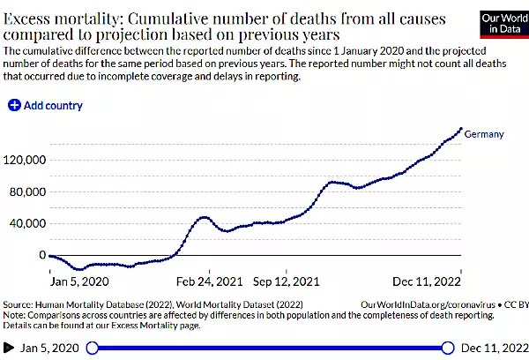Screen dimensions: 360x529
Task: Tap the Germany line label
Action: click(x=484, y=134)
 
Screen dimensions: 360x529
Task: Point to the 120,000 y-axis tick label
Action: click(x=25, y=161)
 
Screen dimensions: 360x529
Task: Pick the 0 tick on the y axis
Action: click(x=41, y=255)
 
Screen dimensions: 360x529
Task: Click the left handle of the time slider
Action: click(x=93, y=348)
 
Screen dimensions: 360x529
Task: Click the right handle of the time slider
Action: click(x=447, y=348)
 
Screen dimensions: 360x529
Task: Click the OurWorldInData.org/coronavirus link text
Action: click(x=424, y=303)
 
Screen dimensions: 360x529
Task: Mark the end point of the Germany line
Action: click(x=460, y=129)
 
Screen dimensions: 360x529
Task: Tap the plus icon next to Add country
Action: click(x=14, y=106)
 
